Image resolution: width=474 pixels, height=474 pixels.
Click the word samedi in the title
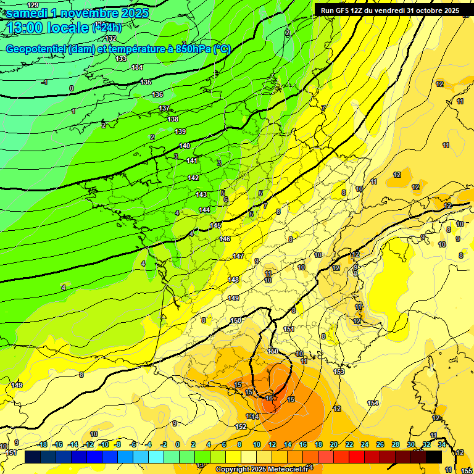click(27, 12)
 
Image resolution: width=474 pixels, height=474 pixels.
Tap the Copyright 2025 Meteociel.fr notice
click(262, 469)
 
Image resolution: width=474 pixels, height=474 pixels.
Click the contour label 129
click(33, 5)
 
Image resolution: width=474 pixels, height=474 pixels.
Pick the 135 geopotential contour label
click(146, 82)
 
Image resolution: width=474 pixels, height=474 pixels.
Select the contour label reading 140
click(185, 146)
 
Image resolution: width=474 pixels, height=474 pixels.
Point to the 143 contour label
click(201, 194)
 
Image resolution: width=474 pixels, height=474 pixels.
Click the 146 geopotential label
click(225, 239)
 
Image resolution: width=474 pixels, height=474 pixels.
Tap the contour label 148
click(233, 280)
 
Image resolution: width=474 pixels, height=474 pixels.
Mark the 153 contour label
click(339, 372)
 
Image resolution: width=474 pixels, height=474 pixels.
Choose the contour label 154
click(373, 403)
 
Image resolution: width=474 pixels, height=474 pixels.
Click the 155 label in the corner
click(467, 470)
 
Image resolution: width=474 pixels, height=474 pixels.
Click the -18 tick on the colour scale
click(42, 444)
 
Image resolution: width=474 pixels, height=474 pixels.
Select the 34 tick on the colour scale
click(441, 444)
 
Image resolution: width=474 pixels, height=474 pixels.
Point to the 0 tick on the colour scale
click(178, 444)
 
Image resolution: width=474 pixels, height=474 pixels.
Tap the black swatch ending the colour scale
click(434, 457)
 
